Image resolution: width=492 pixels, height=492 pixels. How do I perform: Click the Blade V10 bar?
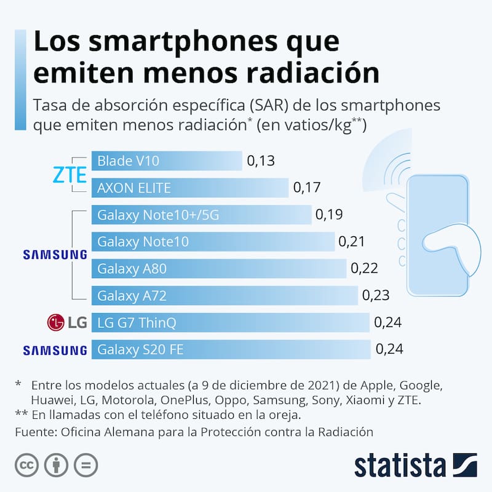click(x=166, y=161)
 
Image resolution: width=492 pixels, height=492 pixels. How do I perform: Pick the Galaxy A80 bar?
click(x=218, y=269)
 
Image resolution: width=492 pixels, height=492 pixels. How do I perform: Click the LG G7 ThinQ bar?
click(x=230, y=322)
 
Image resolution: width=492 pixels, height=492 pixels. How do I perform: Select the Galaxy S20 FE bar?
click(x=231, y=349)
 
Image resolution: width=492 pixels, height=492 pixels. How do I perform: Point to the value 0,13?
click(x=260, y=161)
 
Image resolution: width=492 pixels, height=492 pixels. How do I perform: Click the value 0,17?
click(x=307, y=188)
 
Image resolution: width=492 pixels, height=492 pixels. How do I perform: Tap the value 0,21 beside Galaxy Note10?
click(x=352, y=242)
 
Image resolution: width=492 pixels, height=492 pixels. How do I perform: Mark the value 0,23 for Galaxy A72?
click(x=376, y=296)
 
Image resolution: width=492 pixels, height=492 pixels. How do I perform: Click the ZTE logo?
click(x=69, y=175)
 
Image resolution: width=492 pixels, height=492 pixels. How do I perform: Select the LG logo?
click(x=66, y=322)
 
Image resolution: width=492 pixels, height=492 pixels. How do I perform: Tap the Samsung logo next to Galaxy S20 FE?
click(x=55, y=351)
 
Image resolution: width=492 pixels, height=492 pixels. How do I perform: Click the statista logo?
click(x=416, y=466)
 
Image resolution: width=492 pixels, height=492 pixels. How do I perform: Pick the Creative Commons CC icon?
click(x=27, y=465)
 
